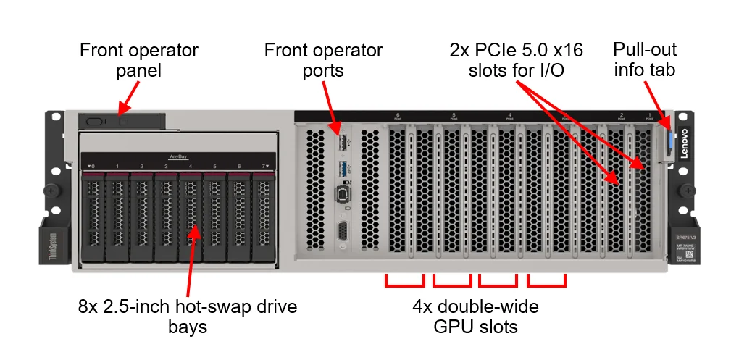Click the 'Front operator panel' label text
138,61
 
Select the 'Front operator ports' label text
323,61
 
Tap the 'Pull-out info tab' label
645,59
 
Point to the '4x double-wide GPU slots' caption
475,317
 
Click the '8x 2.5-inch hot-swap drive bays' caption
188,317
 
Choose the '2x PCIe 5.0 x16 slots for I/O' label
517,61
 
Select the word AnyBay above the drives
178,156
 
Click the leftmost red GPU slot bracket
404,280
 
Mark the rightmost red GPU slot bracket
546,280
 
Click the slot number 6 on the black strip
398,114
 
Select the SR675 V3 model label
685,238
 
